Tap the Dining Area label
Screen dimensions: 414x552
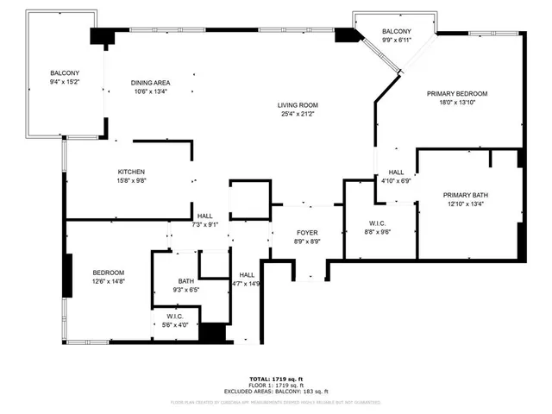coord(149,83)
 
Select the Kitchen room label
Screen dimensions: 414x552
coord(131,172)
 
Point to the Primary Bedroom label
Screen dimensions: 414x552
coord(457,93)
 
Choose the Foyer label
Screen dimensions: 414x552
coord(308,232)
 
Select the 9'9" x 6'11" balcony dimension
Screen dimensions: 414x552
coord(397,41)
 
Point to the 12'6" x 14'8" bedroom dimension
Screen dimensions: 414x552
coord(109,281)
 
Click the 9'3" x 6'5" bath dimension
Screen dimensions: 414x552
coord(186,290)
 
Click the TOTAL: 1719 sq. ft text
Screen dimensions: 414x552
coord(276,379)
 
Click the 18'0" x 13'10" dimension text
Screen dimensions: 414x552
coord(457,103)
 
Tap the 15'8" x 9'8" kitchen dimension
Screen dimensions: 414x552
coord(131,181)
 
